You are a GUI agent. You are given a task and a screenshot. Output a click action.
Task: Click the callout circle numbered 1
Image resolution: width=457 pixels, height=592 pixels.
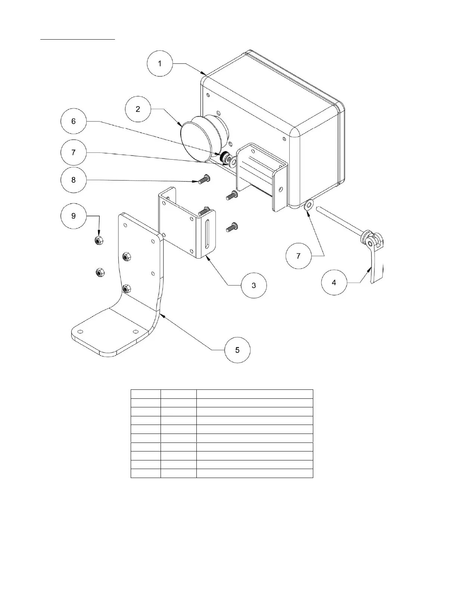(x=160, y=64)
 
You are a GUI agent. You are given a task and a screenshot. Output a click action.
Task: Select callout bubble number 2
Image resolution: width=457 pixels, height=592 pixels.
(x=138, y=109)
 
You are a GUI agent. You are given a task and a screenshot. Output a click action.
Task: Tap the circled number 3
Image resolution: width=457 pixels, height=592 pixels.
(x=254, y=286)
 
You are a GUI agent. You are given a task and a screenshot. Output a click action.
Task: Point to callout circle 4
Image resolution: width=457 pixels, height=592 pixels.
(x=334, y=283)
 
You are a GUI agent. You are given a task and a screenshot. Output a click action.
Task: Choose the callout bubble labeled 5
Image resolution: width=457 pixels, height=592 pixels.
(x=237, y=350)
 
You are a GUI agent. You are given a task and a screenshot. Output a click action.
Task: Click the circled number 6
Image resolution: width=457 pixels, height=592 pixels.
(x=74, y=121)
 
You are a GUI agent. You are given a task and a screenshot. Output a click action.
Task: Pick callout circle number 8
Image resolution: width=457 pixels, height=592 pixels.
(x=74, y=180)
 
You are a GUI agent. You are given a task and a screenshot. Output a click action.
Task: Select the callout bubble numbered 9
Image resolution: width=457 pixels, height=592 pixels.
(x=74, y=216)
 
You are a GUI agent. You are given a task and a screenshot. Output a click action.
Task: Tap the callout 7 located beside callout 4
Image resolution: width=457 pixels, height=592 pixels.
(x=298, y=256)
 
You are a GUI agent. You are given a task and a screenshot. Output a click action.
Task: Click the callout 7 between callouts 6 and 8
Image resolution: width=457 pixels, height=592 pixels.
(x=74, y=152)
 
